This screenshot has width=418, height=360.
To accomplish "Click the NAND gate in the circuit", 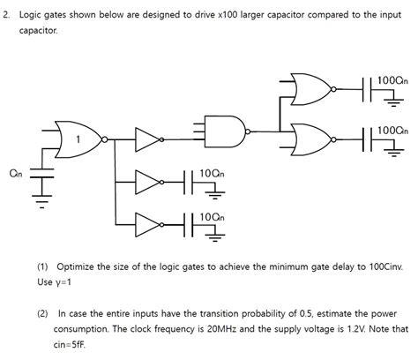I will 224,130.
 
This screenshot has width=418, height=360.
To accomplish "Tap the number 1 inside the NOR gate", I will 78,139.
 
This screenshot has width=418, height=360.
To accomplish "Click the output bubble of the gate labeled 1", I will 105,139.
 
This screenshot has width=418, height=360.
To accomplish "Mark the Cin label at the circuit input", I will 16,173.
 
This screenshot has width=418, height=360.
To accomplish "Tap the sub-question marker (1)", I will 43,266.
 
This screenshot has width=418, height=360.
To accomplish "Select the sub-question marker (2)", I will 43,311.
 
